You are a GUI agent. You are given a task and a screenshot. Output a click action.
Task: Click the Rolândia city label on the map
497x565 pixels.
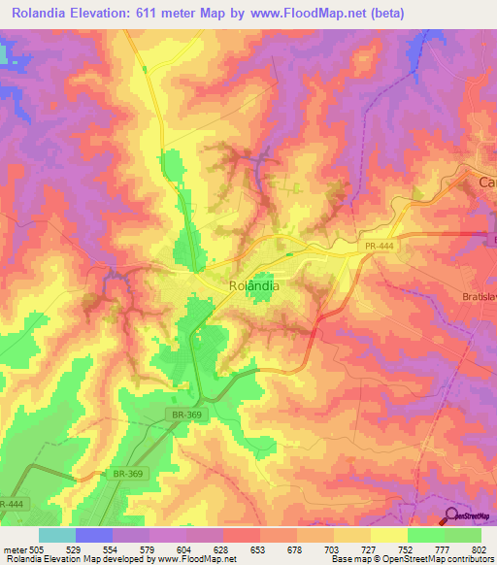point(254,286)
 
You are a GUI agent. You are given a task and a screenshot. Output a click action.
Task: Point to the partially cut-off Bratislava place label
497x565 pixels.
point(478,297)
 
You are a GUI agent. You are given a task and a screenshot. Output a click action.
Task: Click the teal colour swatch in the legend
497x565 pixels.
point(57,535)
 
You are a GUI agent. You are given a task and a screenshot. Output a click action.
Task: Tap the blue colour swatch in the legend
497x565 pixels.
point(94,535)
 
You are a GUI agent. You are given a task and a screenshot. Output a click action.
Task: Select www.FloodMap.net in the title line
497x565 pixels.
point(313,15)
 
